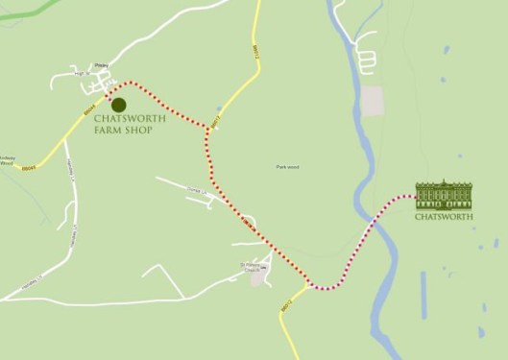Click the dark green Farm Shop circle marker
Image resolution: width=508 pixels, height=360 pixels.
(118, 104)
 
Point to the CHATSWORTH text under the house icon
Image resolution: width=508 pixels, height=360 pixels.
(444, 217)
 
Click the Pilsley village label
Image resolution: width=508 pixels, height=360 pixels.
(102, 66)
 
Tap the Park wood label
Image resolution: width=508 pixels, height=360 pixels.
(287, 167)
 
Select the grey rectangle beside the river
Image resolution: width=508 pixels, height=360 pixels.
(371, 99)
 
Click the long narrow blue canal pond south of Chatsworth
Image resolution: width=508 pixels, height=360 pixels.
(423, 293)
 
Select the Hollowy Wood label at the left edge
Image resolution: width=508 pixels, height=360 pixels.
(8, 159)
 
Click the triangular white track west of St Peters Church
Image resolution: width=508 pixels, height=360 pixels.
(163, 280)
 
